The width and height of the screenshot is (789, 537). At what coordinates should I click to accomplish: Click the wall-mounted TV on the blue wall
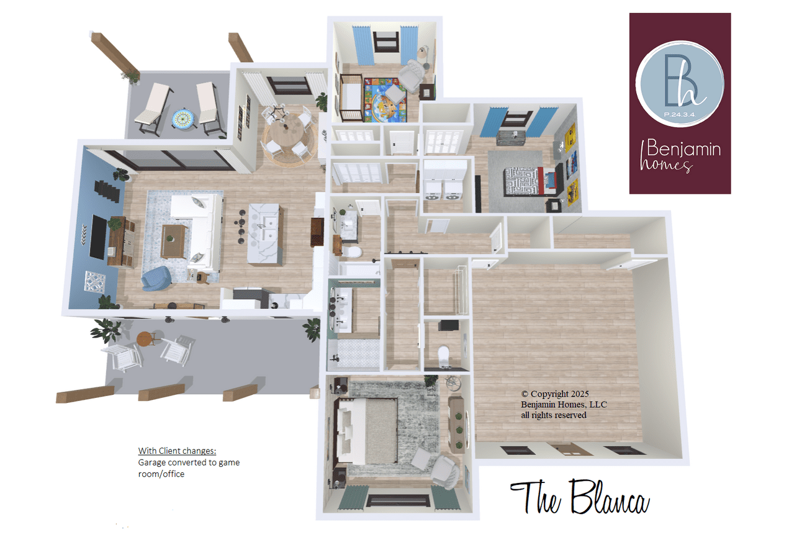click(98, 237)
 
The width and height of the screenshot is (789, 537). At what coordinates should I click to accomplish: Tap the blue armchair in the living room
click(156, 278)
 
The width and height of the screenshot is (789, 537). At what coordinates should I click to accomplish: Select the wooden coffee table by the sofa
click(174, 241)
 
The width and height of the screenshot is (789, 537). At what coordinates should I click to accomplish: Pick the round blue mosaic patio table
click(184, 119)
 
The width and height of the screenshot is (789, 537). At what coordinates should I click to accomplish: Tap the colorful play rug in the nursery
click(385, 100)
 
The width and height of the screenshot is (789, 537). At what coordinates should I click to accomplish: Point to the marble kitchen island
click(264, 234)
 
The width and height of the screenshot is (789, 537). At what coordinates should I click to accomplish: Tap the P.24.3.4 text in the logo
click(679, 114)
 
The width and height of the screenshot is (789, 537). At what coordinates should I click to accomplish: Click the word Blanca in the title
click(610, 497)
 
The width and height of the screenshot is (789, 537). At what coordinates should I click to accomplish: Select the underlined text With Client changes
click(177, 451)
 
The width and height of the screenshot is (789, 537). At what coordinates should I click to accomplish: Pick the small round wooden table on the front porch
click(145, 339)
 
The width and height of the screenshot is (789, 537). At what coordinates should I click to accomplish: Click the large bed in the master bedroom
click(367, 431)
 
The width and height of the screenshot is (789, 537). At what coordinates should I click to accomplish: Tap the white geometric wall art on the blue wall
click(95, 282)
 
